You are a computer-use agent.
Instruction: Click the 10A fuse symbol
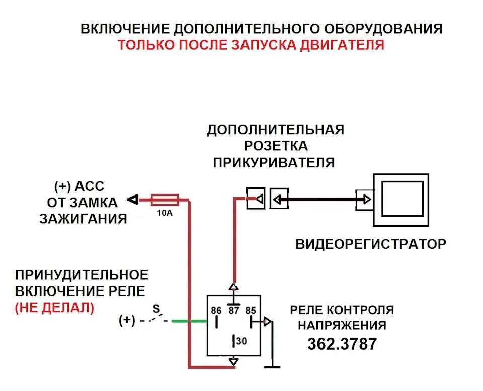(165, 200)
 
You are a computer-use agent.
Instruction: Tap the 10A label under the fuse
(165, 213)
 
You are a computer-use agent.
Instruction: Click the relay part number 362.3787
(342, 344)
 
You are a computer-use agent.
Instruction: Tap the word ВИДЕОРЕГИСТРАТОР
(371, 244)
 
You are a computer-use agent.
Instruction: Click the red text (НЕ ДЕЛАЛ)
(54, 308)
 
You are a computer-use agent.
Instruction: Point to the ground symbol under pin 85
(273, 366)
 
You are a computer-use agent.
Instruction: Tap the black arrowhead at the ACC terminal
(132, 200)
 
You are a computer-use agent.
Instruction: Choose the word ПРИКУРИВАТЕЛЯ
(274, 162)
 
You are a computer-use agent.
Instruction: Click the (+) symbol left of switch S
(127, 320)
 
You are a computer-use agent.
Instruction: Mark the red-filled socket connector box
(255, 199)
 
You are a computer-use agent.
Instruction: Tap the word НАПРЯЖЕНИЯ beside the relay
(342, 325)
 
